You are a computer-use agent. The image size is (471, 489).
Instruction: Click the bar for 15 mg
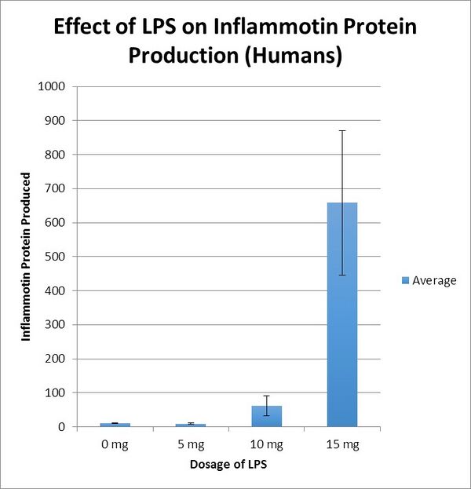pos(341,314)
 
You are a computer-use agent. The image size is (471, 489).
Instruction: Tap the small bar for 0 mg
pos(115,425)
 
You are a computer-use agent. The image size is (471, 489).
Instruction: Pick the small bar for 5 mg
pos(190,425)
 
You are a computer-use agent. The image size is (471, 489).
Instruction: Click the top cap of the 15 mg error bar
pos(341,130)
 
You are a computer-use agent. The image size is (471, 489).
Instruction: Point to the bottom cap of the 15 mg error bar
pos(341,275)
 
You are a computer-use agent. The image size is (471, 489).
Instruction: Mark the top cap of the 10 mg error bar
pos(266,396)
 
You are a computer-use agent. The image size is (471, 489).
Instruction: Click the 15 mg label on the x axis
pos(341,445)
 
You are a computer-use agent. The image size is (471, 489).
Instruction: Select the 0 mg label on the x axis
pos(115,445)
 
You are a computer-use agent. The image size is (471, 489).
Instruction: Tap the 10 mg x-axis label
pos(266,445)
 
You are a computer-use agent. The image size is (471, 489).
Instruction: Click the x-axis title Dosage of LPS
pos(228,465)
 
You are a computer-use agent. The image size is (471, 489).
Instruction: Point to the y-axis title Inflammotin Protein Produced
pos(27,257)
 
